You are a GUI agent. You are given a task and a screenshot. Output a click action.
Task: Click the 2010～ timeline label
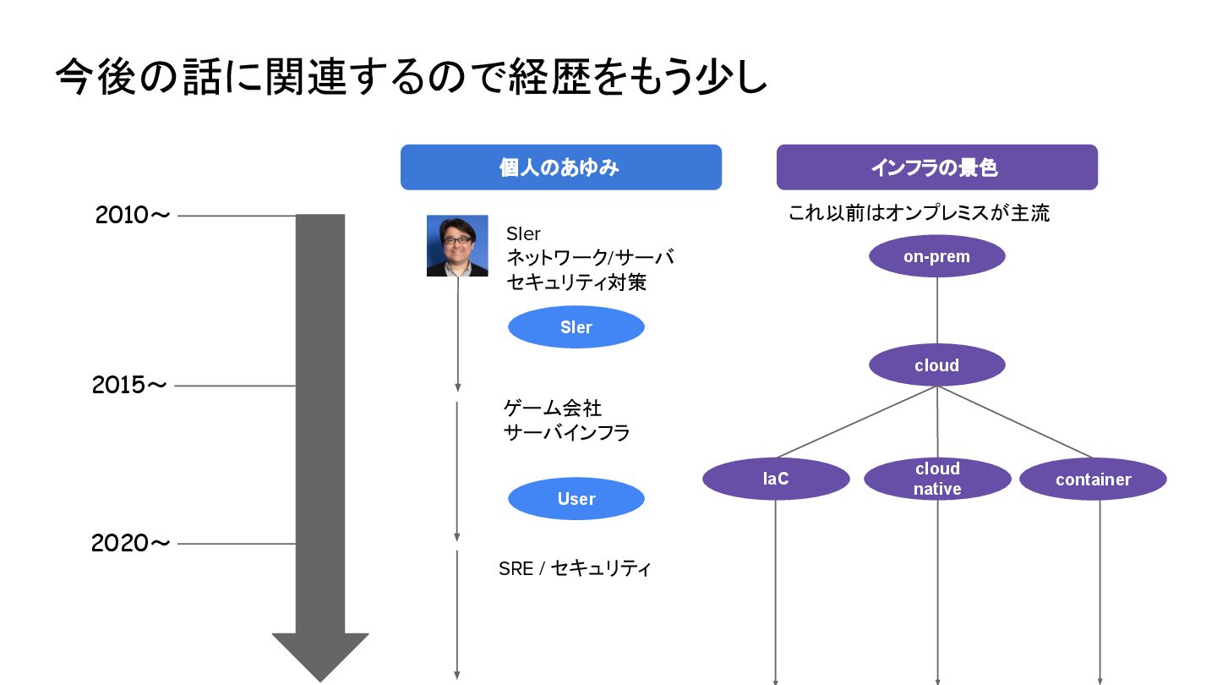[x=133, y=216]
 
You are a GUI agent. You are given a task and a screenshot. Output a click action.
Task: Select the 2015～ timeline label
[x=129, y=386]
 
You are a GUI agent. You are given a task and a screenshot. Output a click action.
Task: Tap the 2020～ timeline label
[x=130, y=543]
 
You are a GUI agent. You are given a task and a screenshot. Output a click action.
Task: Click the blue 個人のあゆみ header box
[x=560, y=167]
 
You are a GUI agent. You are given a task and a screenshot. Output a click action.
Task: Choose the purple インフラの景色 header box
[x=936, y=167]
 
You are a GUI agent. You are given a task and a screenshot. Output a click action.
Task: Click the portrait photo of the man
[x=457, y=246]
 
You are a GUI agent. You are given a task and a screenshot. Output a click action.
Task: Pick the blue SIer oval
[x=576, y=327]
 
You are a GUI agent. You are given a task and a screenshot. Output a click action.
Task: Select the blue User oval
[x=576, y=499]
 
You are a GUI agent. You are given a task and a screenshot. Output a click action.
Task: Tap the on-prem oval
[x=936, y=256]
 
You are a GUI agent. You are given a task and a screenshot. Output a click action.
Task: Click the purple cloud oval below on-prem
[x=936, y=365]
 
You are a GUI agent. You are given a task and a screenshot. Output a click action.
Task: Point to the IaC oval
[x=775, y=479]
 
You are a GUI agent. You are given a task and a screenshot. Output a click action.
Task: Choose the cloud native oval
[x=936, y=479]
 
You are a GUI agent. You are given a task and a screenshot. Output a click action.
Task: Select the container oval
[x=1093, y=479]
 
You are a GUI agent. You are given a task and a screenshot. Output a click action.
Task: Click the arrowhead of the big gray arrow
[x=320, y=655]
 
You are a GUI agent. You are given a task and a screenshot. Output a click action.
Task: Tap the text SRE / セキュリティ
[x=575, y=568]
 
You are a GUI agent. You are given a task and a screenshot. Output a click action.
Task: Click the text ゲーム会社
[x=553, y=408]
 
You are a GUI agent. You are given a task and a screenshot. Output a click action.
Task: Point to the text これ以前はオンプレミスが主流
[x=919, y=213]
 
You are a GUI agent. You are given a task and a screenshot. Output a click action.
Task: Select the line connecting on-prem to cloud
[x=936, y=310]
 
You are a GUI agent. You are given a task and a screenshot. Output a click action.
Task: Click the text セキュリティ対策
[x=576, y=282]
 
